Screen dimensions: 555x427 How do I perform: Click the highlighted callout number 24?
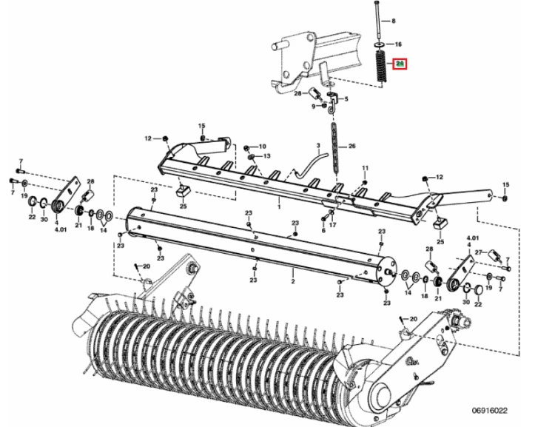400,64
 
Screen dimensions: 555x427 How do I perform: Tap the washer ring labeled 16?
379,44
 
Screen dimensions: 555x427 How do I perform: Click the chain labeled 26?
334,148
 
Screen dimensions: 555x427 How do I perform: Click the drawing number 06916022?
490,411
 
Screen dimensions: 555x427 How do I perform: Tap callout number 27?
479,252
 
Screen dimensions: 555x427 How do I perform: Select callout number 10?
262,147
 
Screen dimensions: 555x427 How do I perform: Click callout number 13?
266,156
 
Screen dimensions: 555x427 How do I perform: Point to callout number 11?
366,168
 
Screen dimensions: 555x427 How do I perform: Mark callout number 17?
333,224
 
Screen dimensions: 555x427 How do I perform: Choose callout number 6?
323,230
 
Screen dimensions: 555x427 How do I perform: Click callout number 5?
346,98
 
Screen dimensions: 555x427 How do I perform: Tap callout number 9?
313,107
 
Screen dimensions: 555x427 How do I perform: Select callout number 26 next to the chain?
351,146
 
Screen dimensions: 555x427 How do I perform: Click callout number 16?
398,44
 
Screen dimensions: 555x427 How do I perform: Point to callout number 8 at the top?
393,21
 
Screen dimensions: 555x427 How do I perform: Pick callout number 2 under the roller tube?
293,281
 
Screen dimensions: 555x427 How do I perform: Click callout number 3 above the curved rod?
318,146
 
